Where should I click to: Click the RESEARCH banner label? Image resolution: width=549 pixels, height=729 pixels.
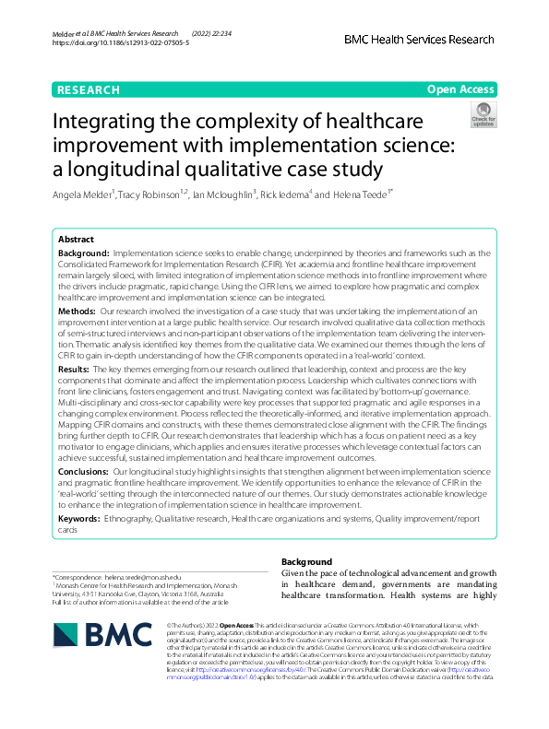click(x=89, y=89)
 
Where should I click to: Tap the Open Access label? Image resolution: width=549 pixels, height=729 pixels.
click(x=460, y=89)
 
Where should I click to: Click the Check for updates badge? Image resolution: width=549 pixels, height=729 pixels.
click(x=483, y=115)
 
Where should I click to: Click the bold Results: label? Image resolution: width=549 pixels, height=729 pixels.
click(x=78, y=367)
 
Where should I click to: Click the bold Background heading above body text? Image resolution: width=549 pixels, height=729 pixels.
click(x=306, y=561)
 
